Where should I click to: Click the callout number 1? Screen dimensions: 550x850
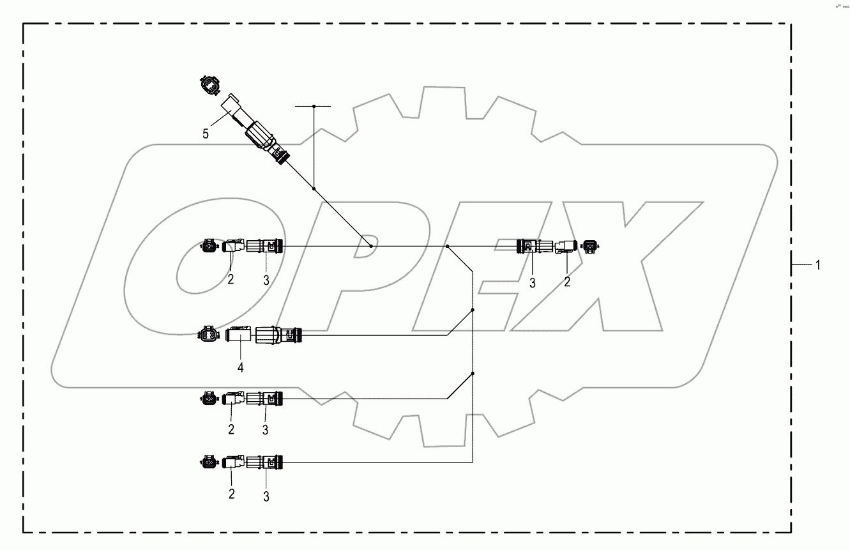pyautogui.click(x=817, y=265)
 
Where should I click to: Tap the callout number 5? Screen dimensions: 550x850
pyautogui.click(x=206, y=134)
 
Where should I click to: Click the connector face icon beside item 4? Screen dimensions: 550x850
pyautogui.click(x=209, y=334)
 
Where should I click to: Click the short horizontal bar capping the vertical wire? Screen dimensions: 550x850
pyautogui.click(x=314, y=105)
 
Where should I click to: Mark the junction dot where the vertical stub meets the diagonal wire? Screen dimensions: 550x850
pyautogui.click(x=314, y=189)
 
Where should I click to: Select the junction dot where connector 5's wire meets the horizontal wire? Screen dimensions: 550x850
pyautogui.click(x=370, y=246)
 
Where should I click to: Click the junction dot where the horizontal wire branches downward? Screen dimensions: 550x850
pyautogui.click(x=447, y=246)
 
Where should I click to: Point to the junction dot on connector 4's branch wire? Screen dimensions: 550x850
pyautogui.click(x=472, y=310)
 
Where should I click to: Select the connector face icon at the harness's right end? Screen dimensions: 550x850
pyautogui.click(x=590, y=245)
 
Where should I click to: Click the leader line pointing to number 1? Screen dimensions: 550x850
pyautogui.click(x=800, y=265)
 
